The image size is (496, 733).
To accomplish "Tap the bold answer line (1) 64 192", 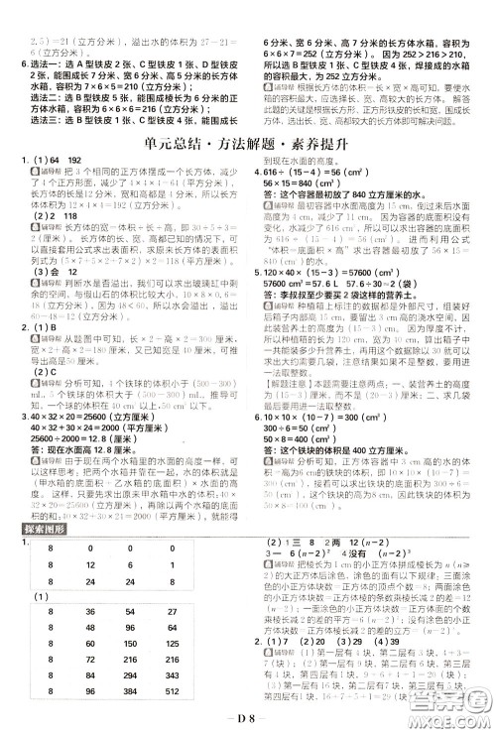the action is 50,162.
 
